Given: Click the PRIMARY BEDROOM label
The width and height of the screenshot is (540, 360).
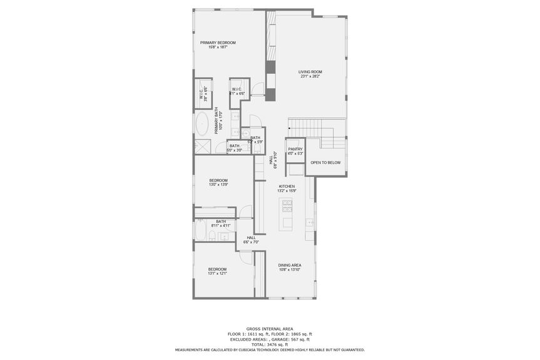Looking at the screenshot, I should (x=218, y=43).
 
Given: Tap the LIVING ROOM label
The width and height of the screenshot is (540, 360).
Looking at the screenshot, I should (x=309, y=72).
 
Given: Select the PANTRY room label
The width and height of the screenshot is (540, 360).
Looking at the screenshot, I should (x=295, y=149).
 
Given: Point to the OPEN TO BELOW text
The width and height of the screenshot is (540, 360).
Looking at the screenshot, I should (x=325, y=163).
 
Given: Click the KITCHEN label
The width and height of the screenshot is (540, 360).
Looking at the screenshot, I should (x=287, y=187).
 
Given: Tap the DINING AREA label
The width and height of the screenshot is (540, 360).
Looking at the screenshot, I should (x=289, y=265).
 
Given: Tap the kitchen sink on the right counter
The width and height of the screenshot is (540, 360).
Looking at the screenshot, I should (x=309, y=222).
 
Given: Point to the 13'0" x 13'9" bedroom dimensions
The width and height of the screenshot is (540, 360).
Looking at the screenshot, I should (x=218, y=185).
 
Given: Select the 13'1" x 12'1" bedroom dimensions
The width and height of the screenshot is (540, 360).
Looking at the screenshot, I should (x=217, y=273).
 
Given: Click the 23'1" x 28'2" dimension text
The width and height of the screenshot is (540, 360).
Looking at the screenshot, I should (x=309, y=76).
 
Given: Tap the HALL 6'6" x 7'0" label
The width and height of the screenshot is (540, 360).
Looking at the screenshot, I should (x=251, y=240).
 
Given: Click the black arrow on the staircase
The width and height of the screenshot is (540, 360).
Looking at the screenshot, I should (x=290, y=127).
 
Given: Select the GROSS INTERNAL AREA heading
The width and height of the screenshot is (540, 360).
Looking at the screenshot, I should (x=270, y=329).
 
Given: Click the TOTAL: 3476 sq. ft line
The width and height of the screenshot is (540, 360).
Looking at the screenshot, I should (x=270, y=344).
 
